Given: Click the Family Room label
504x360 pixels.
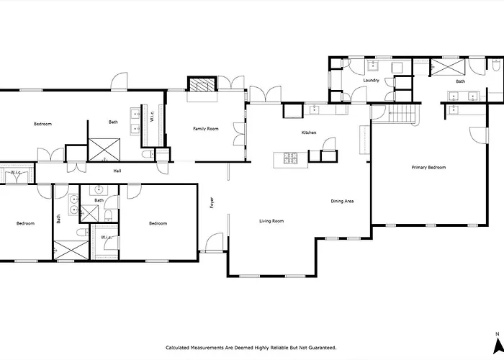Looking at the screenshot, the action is pos(206,129).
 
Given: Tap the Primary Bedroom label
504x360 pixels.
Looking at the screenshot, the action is pos(428,168).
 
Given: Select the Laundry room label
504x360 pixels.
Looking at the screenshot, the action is pos(372,81).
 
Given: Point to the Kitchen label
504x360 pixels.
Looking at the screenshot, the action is pos(309,132).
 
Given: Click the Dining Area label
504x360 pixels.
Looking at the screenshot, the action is pos(342,201).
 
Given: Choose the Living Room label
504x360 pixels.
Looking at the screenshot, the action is pos(271,221).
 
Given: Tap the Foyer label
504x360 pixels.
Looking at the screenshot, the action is pos(212,202).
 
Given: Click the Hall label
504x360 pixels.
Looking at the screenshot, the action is pos(117,171).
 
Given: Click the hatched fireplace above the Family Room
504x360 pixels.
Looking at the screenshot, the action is pos(202,84).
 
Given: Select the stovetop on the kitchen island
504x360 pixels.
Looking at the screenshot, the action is pos(290,158).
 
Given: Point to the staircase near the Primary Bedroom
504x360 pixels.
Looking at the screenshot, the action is pos(402,113).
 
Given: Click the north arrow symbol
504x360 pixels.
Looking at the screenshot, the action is pos(498,346).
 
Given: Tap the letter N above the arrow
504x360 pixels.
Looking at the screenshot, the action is pos(498,334).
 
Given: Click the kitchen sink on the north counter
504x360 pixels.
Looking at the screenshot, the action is pos(313,110).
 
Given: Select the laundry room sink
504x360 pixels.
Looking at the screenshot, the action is pos(373,66).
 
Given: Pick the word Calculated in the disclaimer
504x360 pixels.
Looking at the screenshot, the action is pos(178,348).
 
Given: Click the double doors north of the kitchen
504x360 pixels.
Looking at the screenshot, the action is pos(265,94).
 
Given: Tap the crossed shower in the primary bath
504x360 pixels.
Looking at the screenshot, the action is pos(448,67).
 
